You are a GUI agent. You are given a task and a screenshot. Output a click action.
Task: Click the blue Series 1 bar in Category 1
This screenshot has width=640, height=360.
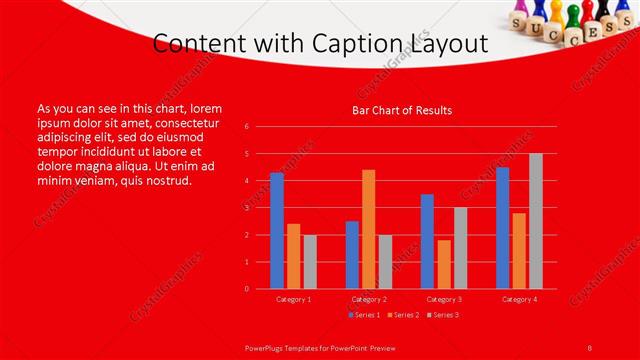point(277,231)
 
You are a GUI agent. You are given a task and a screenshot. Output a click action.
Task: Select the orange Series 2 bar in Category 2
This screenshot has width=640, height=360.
point(369,229)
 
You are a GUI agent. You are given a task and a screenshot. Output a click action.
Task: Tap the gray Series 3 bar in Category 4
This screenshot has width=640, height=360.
point(536,221)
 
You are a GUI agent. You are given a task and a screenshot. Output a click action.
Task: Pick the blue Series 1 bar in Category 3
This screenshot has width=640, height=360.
point(427,241)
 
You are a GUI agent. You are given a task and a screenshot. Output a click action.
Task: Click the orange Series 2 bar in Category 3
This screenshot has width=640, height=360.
point(444,264)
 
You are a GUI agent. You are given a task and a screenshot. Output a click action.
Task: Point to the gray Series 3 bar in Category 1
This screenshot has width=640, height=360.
point(310,262)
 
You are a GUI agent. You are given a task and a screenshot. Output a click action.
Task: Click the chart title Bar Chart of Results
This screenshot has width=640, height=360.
point(402,110)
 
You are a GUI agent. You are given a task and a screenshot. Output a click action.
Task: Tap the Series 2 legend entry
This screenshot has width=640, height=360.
point(403,315)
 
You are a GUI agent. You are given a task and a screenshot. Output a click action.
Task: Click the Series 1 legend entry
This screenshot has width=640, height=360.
point(364,315)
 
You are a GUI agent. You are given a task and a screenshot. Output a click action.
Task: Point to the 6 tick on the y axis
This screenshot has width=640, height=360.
point(246,127)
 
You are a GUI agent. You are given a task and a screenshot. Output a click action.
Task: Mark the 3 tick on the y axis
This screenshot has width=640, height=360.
point(246,208)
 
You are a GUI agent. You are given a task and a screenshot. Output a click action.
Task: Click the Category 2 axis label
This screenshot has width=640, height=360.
point(369,299)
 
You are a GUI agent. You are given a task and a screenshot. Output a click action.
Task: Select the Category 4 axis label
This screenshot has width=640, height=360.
point(519,299)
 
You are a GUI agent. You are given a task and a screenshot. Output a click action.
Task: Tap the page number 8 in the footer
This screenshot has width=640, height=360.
point(590,346)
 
